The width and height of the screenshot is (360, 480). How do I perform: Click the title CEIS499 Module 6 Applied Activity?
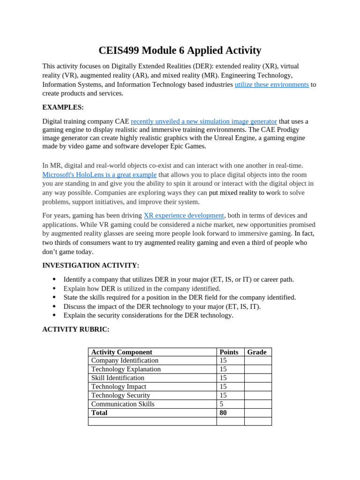coord(180,51)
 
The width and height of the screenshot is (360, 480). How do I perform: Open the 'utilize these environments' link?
coord(271,84)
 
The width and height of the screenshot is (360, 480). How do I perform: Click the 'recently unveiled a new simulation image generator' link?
coord(204,121)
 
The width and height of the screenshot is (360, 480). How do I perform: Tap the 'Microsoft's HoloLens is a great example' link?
coord(99,175)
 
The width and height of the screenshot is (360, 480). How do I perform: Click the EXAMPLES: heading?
coord(63,107)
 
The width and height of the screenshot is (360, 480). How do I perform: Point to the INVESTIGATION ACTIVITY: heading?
coord(90,265)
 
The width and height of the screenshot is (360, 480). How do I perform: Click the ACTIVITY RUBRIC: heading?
coord(75,330)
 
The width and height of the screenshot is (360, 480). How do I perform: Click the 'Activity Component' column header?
coord(121,352)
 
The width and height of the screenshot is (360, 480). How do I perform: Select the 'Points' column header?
coord(229,352)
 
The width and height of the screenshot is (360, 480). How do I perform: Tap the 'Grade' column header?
coord(256,352)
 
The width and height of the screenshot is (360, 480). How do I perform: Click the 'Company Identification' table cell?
coord(125,360)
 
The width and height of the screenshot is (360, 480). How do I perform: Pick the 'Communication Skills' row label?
coord(123,404)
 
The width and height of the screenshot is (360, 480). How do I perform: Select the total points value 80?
coord(223,413)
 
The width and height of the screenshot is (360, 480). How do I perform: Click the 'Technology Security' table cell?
coord(120,396)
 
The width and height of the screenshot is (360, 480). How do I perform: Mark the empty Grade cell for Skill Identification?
coord(258,378)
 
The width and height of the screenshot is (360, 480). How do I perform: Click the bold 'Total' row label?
coord(99,413)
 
